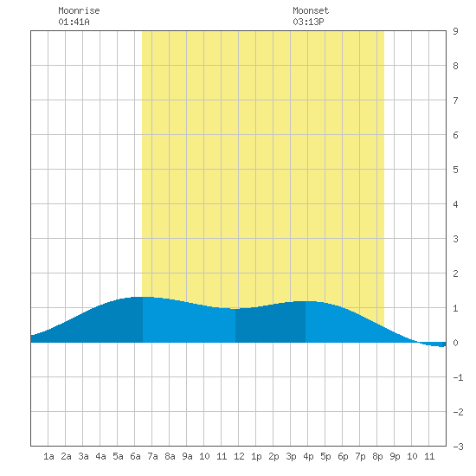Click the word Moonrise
point(79,10)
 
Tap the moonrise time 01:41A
point(74,22)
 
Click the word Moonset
point(311,10)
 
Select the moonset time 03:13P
point(308,22)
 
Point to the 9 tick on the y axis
point(455,31)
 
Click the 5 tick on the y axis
point(455,170)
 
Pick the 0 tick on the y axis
point(455,343)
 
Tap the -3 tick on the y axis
point(458,447)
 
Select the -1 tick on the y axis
point(458,377)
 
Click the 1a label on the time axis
point(48,456)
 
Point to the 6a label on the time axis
point(135,456)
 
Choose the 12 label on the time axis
point(239,456)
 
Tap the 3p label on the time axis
point(291,456)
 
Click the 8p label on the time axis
point(377,456)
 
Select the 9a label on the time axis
point(187,456)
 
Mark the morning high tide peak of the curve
point(143,297)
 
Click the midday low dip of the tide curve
point(235,308)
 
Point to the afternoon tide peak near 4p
point(306,301)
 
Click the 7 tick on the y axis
point(455,100)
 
